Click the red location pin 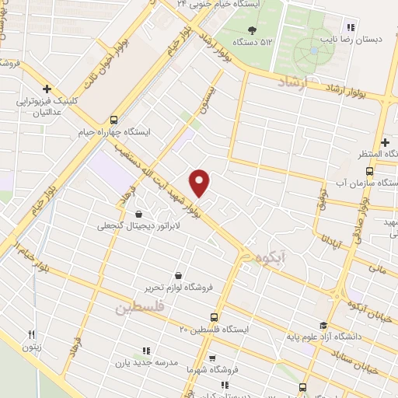click(201, 183)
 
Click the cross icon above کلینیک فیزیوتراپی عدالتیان click(48, 89)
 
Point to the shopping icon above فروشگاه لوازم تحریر click(179, 275)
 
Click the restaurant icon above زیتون click(31, 335)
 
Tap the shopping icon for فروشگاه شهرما click(211, 358)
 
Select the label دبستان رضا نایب click(359, 37)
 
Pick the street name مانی click(378, 269)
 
